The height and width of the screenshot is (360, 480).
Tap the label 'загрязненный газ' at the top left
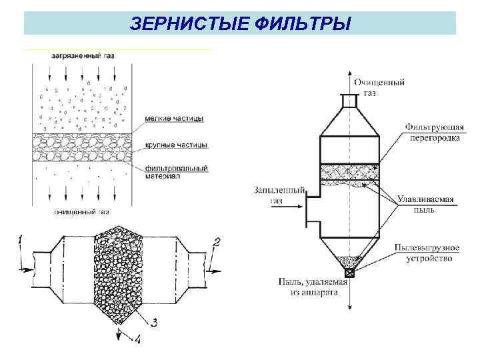[83, 56]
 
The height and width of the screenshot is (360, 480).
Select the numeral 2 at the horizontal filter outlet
[215, 242]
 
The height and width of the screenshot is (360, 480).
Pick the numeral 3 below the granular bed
[154, 323]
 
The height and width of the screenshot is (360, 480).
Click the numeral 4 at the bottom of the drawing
[137, 340]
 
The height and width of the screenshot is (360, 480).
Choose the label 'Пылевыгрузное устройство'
[427, 253]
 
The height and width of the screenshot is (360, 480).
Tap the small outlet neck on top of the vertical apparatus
[348, 99]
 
